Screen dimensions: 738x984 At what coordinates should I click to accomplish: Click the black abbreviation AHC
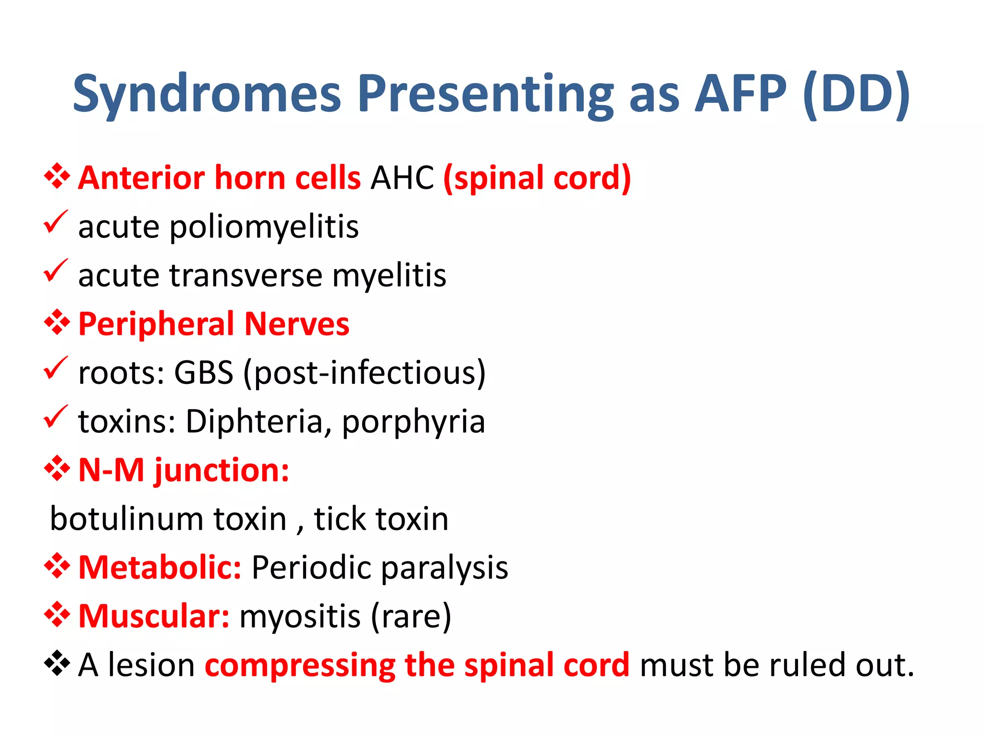point(402,178)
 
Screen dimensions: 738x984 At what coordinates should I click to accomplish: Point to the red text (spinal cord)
point(537,178)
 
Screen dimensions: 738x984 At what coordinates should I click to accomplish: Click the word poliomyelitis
point(264,227)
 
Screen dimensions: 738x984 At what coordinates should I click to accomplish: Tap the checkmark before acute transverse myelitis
point(56,271)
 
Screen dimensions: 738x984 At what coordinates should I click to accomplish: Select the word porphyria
point(413,422)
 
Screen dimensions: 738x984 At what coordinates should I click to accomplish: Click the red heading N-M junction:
point(184,470)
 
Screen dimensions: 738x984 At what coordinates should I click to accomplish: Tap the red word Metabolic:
point(160,568)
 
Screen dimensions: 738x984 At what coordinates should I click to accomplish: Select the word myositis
point(300,616)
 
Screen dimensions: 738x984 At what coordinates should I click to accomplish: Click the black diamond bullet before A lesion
point(57,663)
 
